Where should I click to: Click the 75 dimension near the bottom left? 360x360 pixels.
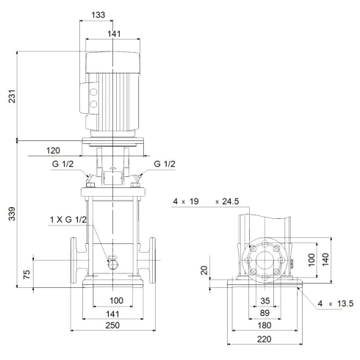27,276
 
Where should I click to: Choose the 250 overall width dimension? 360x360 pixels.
112,325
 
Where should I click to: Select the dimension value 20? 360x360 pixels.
205,270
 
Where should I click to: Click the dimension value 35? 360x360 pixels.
264,300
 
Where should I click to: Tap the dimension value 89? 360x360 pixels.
264,313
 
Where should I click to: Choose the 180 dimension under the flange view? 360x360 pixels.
264,325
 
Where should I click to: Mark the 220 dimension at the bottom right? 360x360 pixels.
264,340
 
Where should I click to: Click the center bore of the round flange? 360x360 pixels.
264,262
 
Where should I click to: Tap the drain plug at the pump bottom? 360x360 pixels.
112,262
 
